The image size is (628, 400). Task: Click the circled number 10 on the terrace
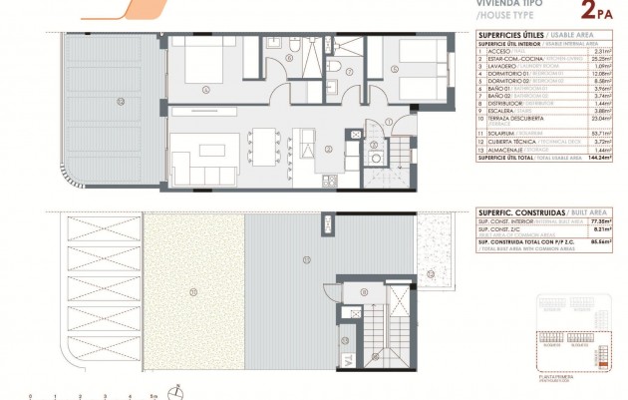[x=121, y=101]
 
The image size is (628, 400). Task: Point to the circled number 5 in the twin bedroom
[x=395, y=69]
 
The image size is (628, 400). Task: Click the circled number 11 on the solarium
[x=192, y=292]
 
